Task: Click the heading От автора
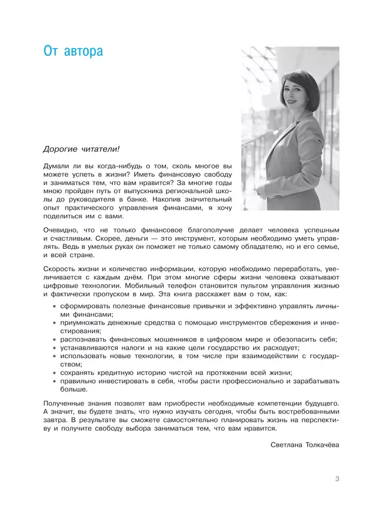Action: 73,51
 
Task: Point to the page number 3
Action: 337,479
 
